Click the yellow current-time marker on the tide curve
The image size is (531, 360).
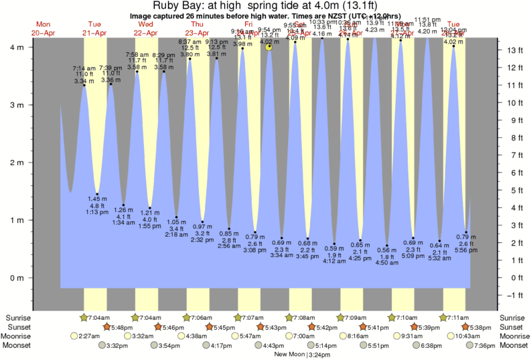269,47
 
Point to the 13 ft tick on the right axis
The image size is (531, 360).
511,50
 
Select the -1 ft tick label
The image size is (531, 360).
512,295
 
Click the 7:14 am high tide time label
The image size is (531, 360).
84,68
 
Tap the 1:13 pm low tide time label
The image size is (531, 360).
98,213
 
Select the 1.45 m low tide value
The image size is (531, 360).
98,199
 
